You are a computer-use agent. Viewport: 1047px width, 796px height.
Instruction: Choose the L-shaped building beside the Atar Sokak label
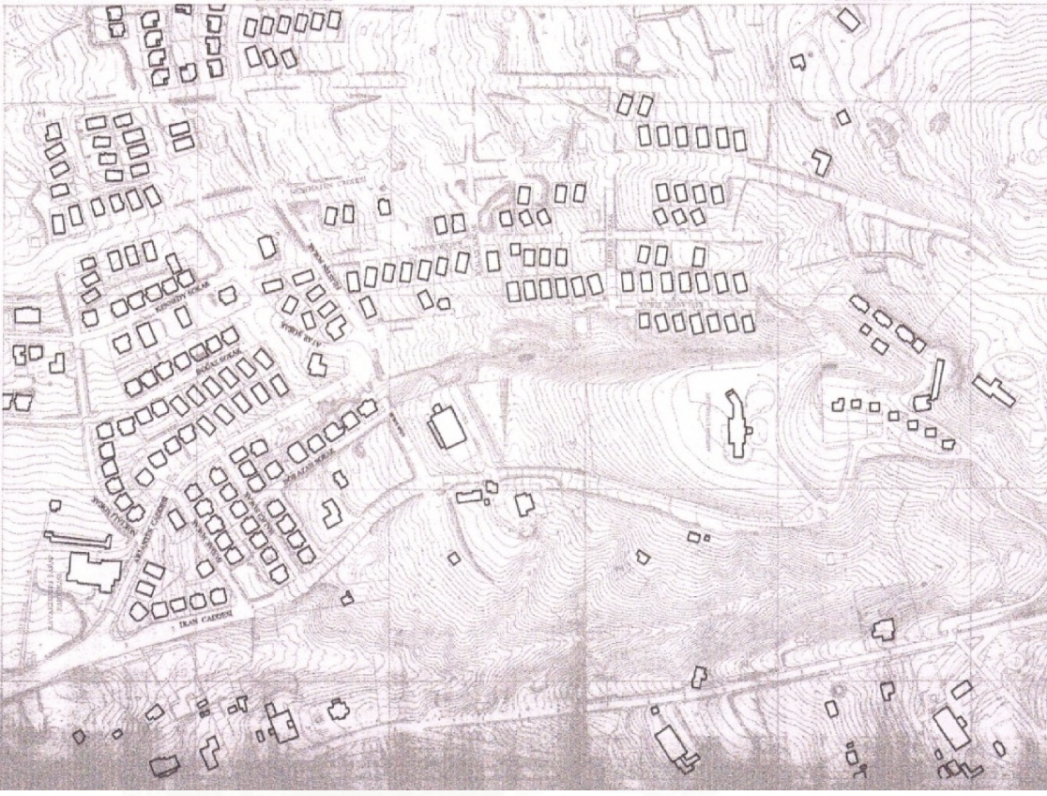318,365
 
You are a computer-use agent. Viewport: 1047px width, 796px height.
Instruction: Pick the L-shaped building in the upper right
822,162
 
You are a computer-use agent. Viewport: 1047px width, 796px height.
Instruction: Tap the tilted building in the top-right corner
848,20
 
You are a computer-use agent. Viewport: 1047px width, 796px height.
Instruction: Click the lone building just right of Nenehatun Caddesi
384,207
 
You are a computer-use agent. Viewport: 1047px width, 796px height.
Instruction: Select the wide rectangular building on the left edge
27,314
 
